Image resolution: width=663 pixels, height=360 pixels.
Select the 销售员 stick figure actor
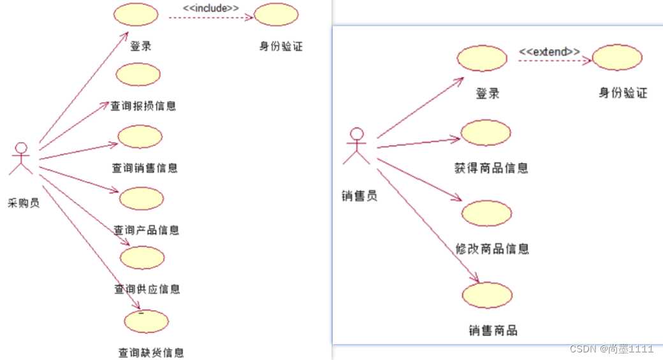click(356, 146)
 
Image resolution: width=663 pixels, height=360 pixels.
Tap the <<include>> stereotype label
click(212, 8)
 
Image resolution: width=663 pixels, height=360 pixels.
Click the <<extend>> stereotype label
click(550, 51)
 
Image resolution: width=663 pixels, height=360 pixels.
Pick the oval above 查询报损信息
click(138, 74)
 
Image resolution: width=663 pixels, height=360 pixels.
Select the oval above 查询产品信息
click(142, 198)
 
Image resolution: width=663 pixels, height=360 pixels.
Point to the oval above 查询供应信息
click(142, 257)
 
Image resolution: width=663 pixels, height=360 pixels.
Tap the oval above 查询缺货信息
click(147, 321)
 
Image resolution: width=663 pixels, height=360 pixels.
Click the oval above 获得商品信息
click(486, 133)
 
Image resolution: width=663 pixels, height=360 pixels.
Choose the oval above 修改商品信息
click(486, 213)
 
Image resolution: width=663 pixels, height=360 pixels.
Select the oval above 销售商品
click(488, 295)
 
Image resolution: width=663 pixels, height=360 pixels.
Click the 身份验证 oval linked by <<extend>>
click(617, 57)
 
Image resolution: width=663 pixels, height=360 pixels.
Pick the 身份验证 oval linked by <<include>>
click(276, 15)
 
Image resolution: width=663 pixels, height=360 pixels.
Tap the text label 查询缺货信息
click(151, 352)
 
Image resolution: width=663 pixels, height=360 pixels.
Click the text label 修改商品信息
click(492, 248)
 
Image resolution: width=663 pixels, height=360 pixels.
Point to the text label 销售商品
click(493, 331)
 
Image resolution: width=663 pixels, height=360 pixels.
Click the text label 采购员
click(24, 203)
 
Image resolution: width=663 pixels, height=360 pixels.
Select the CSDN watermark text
click(611, 349)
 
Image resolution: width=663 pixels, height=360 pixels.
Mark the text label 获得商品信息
click(491, 168)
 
